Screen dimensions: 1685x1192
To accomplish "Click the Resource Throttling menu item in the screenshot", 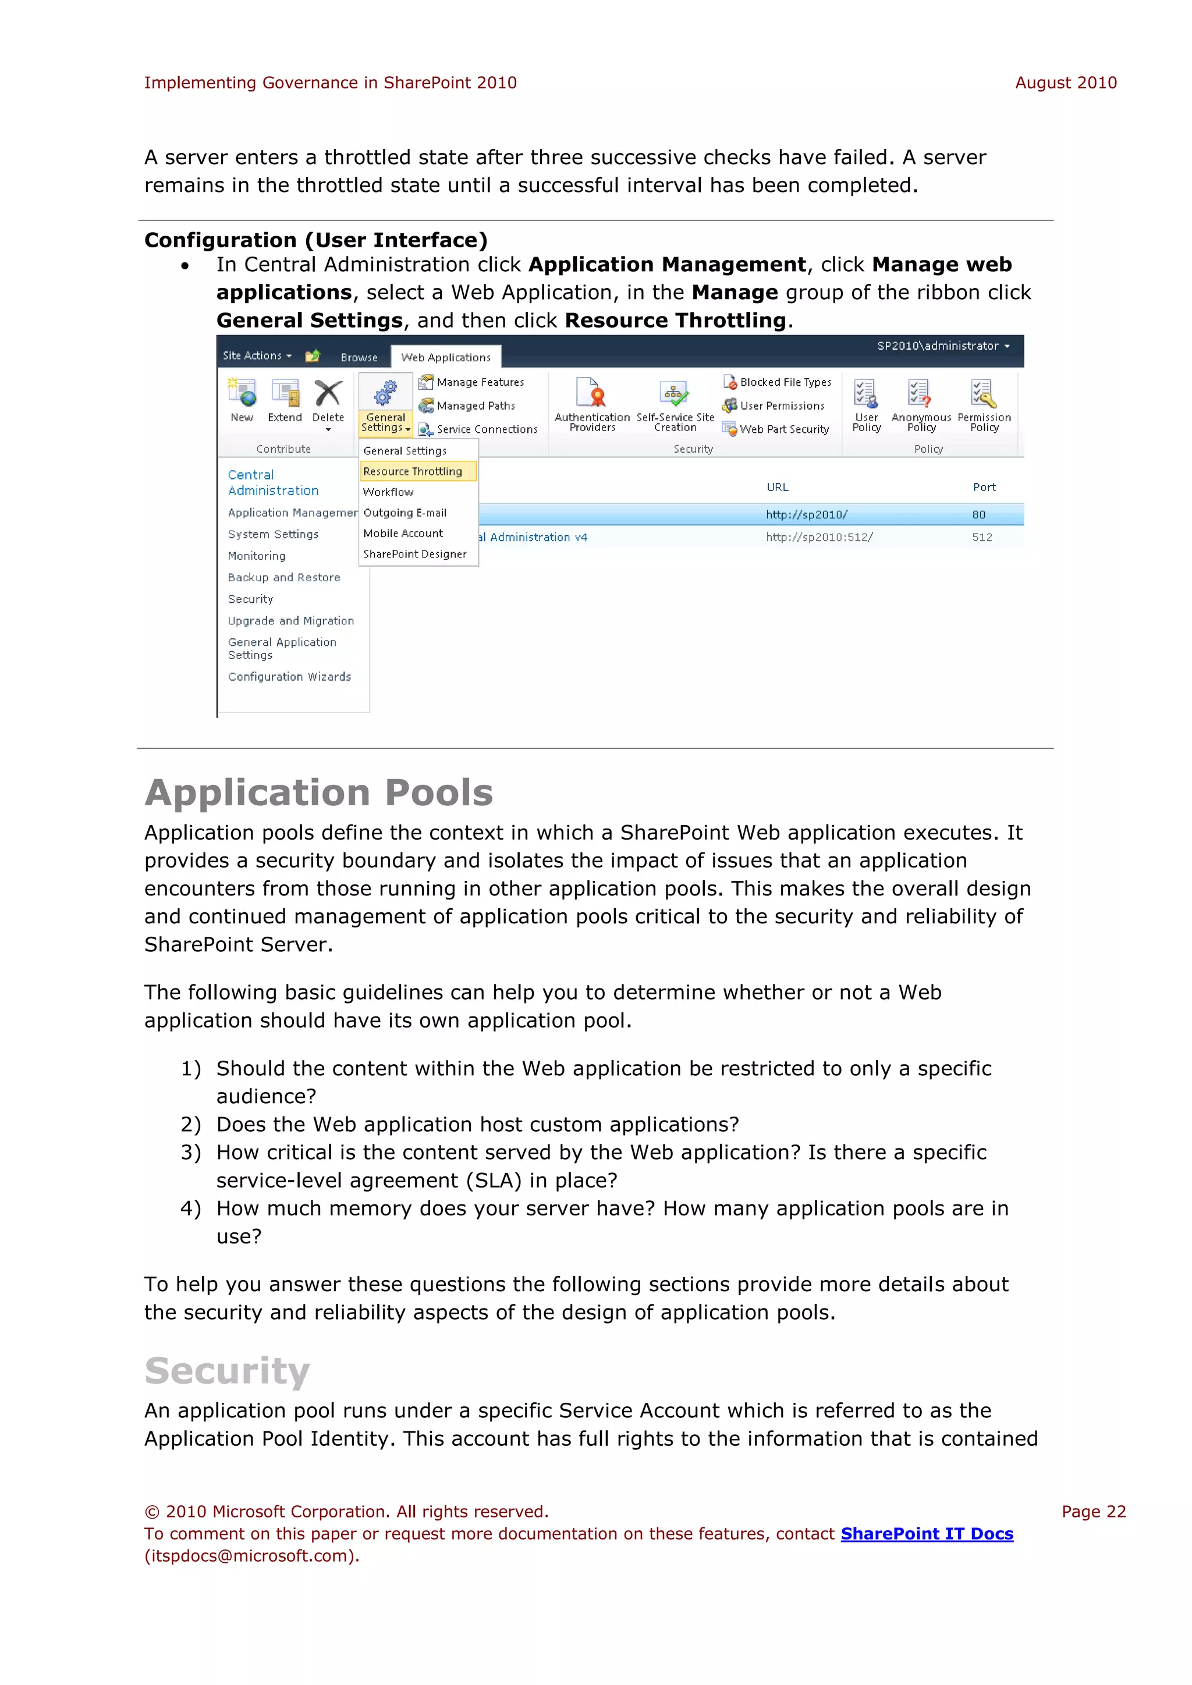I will click(413, 471).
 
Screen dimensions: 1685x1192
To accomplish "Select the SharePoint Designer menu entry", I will click(415, 554).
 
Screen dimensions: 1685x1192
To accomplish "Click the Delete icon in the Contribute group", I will click(328, 394).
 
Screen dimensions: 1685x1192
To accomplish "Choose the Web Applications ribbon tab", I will click(445, 357).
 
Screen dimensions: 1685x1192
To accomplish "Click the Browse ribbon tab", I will click(359, 357).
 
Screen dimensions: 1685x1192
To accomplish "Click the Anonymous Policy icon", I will click(920, 394).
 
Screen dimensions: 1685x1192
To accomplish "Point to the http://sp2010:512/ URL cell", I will click(819, 537).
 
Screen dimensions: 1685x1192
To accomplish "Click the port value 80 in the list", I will click(978, 514).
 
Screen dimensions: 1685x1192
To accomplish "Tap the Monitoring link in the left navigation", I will click(256, 556).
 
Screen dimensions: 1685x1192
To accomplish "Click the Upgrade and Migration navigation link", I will click(290, 621).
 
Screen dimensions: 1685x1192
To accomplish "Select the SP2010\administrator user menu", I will click(942, 346).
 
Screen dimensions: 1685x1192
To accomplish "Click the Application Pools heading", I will click(318, 792).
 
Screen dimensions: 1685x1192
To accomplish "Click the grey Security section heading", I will click(228, 1371).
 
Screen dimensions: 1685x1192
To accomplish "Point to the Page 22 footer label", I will click(1093, 1511).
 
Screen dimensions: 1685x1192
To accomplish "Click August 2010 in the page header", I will click(1065, 83).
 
